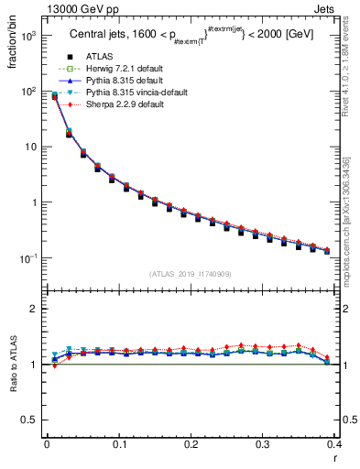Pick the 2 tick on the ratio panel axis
coord(34,309)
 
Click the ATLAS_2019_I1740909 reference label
coord(189,274)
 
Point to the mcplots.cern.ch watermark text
coord(352,230)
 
